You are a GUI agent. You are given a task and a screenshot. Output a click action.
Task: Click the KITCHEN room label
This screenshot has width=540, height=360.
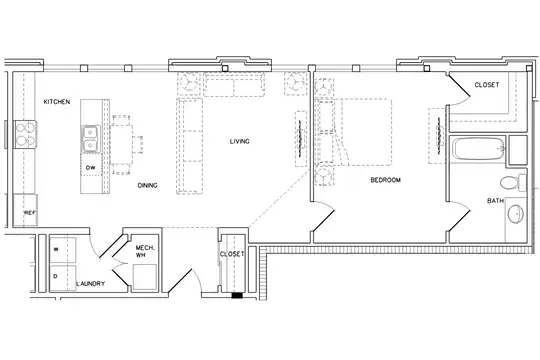pos(57,102)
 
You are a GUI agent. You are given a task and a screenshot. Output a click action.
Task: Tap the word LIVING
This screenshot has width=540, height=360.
pos(240,141)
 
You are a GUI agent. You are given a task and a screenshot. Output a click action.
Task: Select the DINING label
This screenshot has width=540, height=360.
pos(147,185)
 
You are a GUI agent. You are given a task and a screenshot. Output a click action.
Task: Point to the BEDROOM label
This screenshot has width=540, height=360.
pos(385,180)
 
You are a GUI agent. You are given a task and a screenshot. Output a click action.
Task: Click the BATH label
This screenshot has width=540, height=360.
pos(496,200)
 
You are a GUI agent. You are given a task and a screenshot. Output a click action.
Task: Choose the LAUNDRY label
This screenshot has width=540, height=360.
pos(91,284)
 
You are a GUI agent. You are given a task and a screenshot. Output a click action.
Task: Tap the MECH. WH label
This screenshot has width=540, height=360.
pos(145,251)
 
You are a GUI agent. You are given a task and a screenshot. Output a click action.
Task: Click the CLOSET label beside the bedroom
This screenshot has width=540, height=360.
pos(487,85)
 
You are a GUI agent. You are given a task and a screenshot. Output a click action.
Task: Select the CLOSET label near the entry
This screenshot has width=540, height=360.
pos(232,254)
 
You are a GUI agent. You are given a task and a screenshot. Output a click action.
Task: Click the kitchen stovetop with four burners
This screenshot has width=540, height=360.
pos(25,134)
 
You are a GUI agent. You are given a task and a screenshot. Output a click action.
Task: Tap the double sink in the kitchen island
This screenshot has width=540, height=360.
pos(91,139)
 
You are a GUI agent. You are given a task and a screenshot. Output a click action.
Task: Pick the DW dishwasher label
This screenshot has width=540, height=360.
pos(91,168)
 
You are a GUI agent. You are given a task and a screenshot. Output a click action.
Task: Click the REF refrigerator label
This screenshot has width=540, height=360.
pos(30,213)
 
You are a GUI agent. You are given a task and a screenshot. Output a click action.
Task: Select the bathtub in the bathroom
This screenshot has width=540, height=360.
pos(479,149)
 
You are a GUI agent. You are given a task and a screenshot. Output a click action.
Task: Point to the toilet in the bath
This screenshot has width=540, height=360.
pos(513,183)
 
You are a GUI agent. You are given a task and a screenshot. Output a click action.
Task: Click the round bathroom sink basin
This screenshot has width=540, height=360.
pos(516,214)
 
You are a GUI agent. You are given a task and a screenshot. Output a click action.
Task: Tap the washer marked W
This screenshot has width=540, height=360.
pos(63,250)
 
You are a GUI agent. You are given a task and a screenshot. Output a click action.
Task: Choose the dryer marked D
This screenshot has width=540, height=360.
pos(63,278)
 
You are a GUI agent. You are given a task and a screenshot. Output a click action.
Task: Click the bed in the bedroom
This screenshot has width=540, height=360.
pos(354,132)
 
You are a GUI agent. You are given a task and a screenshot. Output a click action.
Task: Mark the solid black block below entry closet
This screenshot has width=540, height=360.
pos(237,295)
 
